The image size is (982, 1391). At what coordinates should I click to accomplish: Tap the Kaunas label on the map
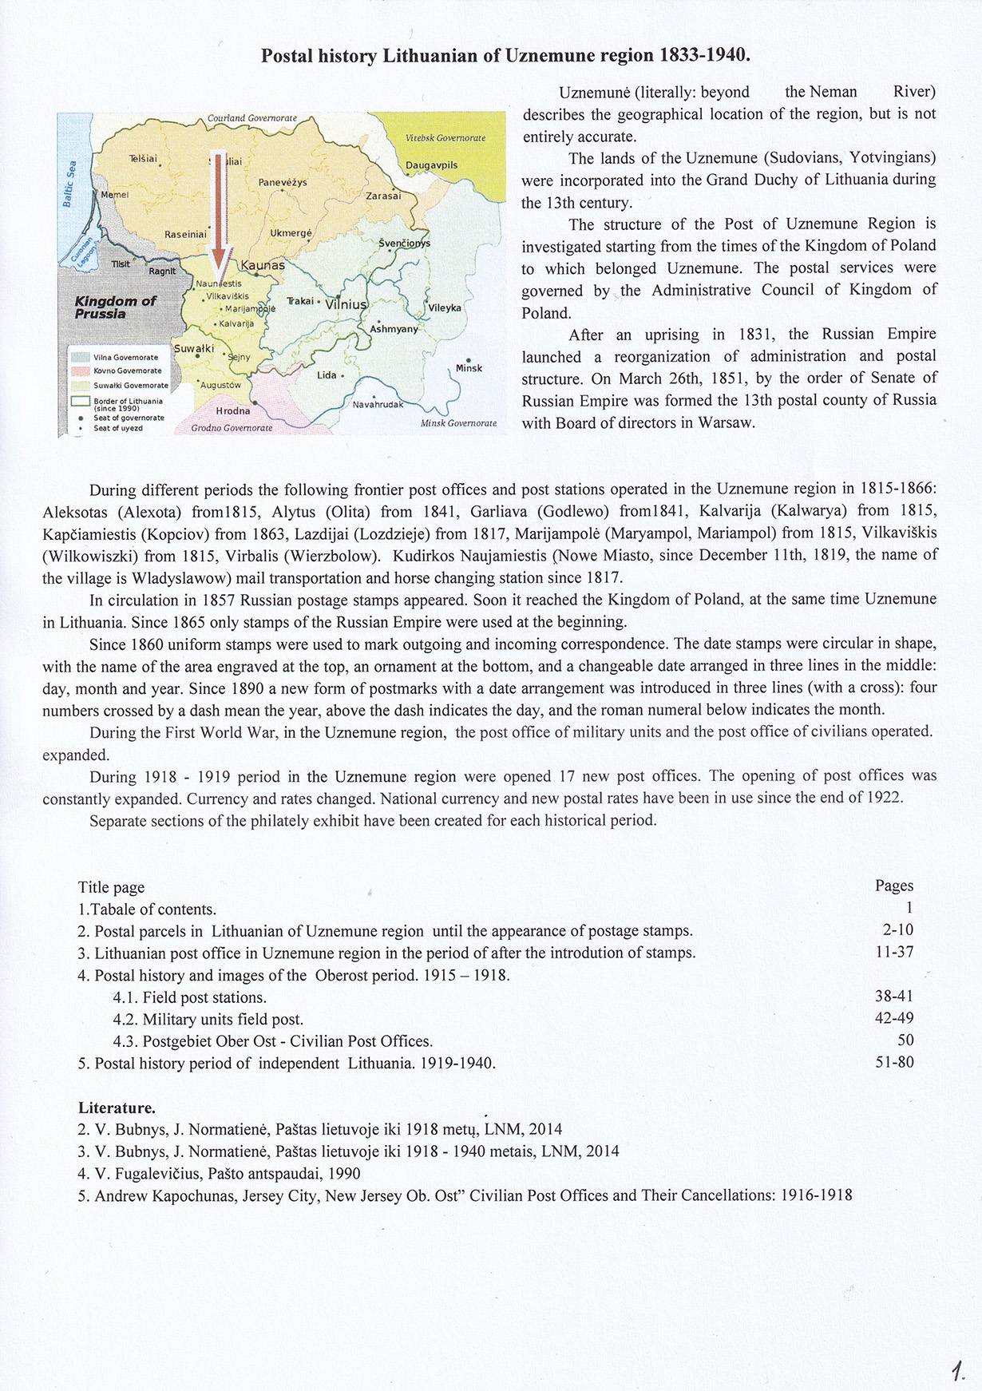click(x=263, y=265)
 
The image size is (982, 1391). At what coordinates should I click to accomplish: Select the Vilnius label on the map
click(x=346, y=304)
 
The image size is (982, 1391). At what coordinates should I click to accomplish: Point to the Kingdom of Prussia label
click(x=115, y=307)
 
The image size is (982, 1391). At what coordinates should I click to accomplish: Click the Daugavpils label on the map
click(x=431, y=165)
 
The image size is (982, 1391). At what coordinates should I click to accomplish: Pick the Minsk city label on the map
click(x=469, y=368)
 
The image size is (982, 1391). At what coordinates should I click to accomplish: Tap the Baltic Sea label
click(x=69, y=184)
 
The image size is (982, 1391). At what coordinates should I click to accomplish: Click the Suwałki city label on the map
click(x=194, y=348)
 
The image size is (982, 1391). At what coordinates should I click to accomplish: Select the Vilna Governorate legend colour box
click(x=80, y=358)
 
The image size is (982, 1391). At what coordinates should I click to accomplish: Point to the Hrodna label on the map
click(x=233, y=411)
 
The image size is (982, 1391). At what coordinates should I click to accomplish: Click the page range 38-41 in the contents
click(x=894, y=996)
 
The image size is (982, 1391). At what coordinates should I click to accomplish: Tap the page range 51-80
click(x=894, y=1062)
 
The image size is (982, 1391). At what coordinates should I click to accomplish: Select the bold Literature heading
click(x=117, y=1108)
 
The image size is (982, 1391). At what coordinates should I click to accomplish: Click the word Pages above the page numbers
click(x=894, y=886)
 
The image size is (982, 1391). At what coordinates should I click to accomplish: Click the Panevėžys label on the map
click(x=283, y=182)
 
